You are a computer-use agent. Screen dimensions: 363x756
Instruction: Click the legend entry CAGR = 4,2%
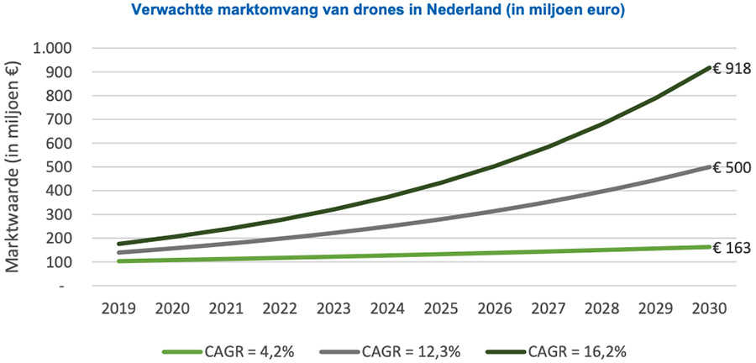click(x=249, y=350)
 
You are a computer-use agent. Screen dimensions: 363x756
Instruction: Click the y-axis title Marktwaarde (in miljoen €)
click(x=14, y=168)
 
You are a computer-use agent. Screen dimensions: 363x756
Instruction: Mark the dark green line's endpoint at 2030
click(x=709, y=68)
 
